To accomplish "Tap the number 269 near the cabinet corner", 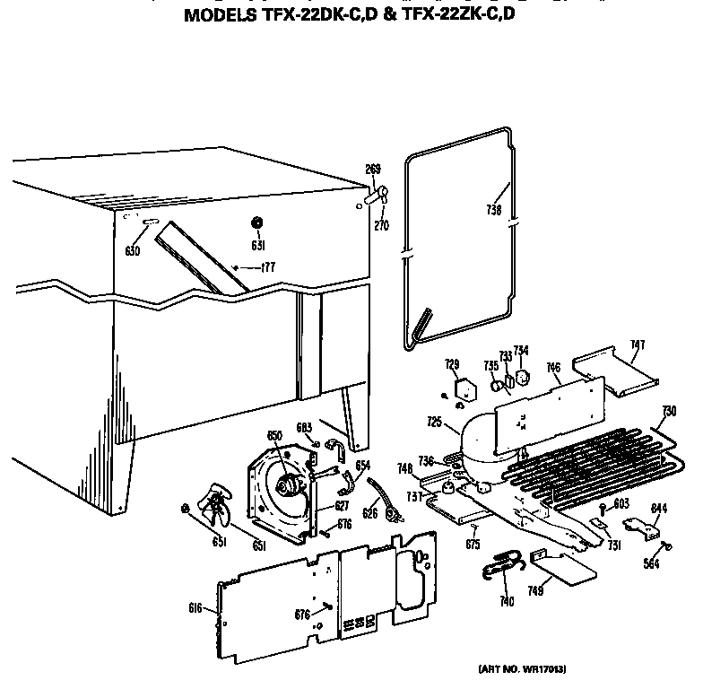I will pyautogui.click(x=373, y=170).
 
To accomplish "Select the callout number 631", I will pyautogui.click(x=257, y=244).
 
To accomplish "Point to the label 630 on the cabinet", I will pyautogui.click(x=132, y=251).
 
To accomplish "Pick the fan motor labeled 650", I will pyautogui.click(x=289, y=486).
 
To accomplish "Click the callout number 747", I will pyautogui.click(x=638, y=344).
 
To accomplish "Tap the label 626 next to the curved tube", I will pyautogui.click(x=369, y=514).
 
